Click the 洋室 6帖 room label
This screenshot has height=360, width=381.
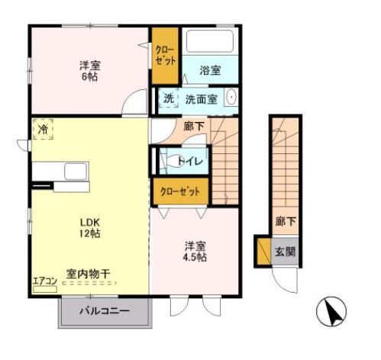pos(90,70)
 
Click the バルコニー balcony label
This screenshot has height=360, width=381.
pos(105,312)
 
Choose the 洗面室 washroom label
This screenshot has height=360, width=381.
pos(201,99)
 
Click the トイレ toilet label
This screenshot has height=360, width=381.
pos(189,160)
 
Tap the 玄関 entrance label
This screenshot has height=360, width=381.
pos(285,252)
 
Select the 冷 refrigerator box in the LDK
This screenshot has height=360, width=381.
pos(44,130)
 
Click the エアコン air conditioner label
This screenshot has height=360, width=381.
pos(44,280)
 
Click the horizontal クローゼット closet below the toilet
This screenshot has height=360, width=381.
pos(179,191)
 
